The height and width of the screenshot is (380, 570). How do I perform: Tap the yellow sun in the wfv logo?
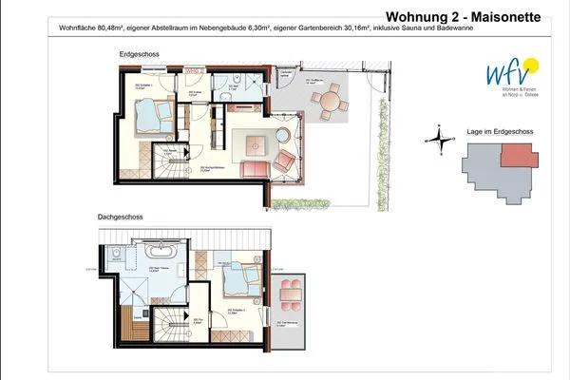point(530,66)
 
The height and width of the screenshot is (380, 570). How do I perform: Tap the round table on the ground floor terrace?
point(331,100)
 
